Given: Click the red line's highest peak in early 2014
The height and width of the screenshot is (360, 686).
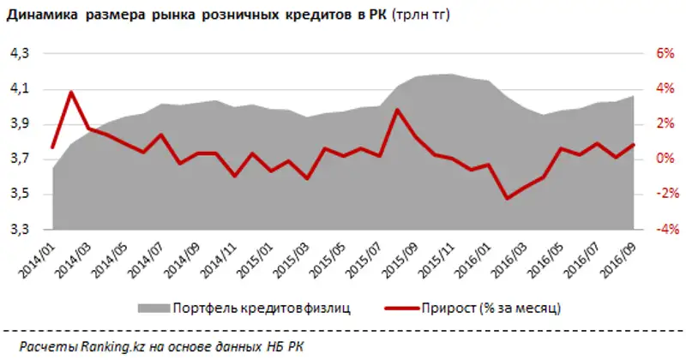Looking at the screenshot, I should tap(71, 92).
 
